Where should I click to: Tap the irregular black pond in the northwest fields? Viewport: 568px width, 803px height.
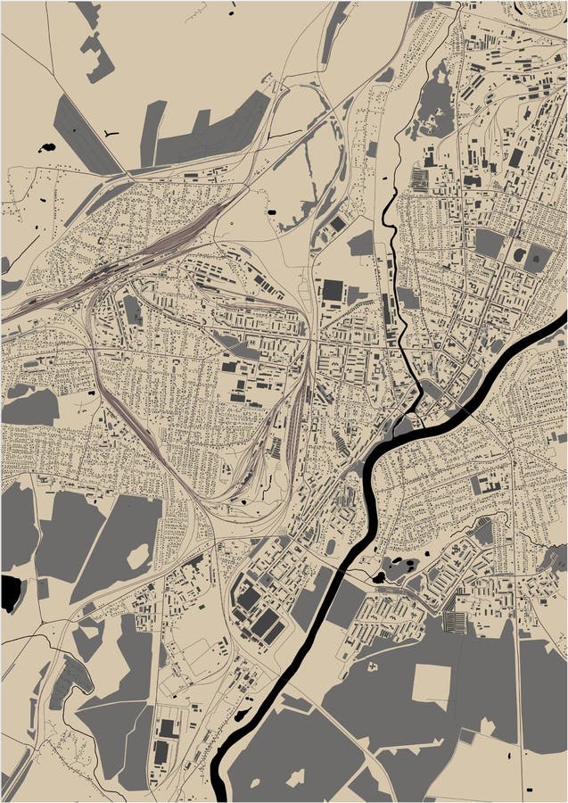(47, 147)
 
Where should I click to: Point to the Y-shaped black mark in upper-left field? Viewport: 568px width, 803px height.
(110, 134)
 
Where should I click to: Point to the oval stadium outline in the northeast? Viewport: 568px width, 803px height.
(519, 255)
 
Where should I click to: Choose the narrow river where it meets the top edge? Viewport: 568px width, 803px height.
(460, 5)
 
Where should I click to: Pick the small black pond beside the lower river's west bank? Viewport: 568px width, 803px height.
(243, 714)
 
